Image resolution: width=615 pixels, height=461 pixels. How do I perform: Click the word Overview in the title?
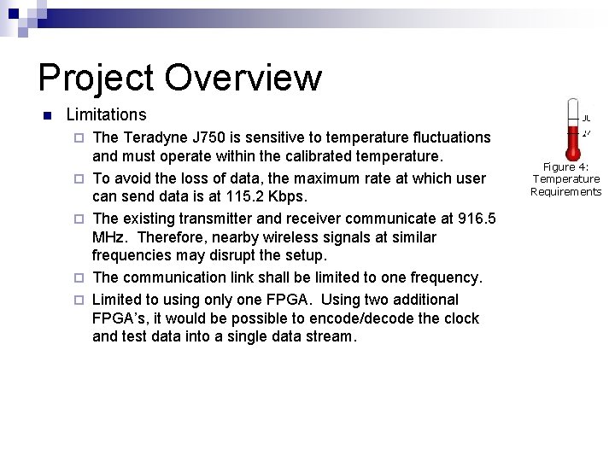243,78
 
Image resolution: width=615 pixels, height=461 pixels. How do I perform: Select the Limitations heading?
106,114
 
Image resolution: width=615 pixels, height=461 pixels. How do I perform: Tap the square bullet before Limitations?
48,115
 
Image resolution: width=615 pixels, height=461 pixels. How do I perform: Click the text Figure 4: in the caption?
565,167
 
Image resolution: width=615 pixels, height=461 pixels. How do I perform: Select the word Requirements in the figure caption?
565,191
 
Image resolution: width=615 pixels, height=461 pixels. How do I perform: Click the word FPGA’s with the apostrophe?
116,318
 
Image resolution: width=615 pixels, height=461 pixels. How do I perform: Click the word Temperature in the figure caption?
565,179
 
